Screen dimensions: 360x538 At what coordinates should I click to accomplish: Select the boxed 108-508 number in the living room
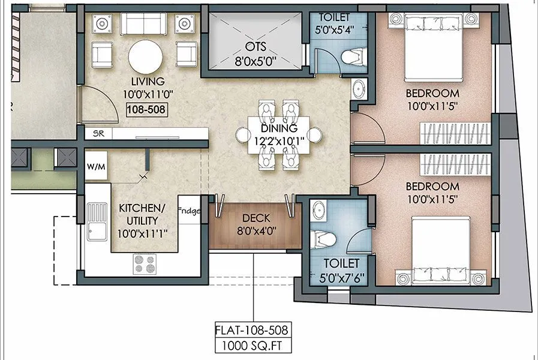tap(146, 109)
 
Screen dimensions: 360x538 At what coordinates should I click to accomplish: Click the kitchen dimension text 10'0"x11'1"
tap(142, 231)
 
